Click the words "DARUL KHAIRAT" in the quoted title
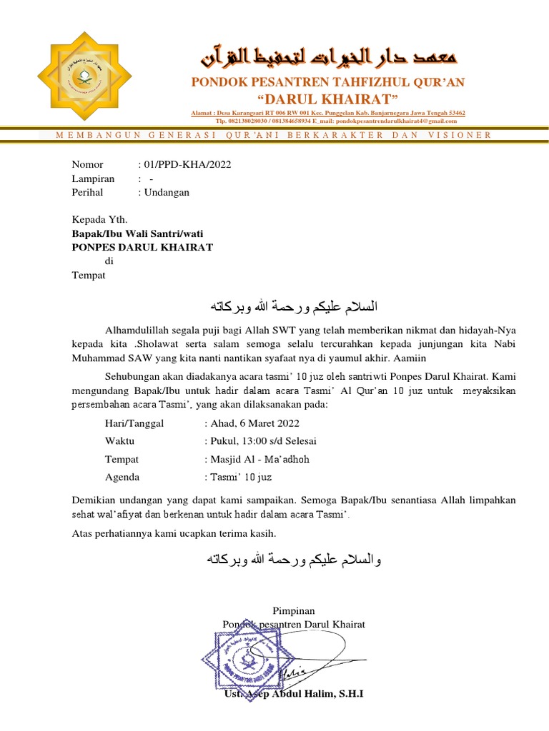pyautogui.click(x=327, y=98)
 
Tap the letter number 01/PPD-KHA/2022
pyautogui.click(x=187, y=164)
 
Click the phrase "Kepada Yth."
pyautogui.click(x=99, y=220)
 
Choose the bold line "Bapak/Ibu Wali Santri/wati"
pyautogui.click(x=142, y=233)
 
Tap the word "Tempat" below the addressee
pyautogui.click(x=89, y=276)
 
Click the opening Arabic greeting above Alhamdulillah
pyautogui.click(x=293, y=307)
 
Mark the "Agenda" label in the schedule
pyautogui.click(x=122, y=477)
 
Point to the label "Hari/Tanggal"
pyautogui.click(x=134, y=423)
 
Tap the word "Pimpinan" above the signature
pyautogui.click(x=294, y=610)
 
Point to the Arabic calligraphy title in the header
pyautogui.click(x=328, y=56)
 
